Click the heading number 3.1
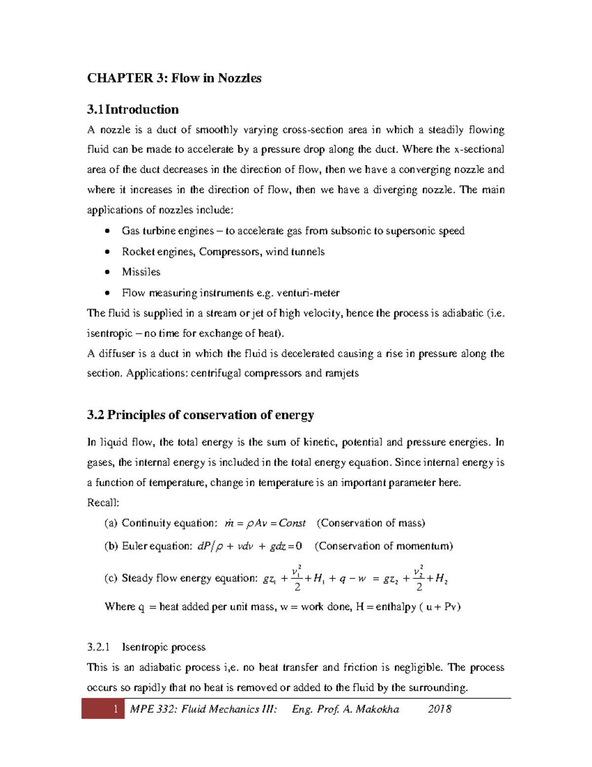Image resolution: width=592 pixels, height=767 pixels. (x=95, y=110)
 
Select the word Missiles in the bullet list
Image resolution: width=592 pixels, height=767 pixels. (x=141, y=272)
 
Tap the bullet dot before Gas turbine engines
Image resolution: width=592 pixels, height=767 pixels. (x=108, y=231)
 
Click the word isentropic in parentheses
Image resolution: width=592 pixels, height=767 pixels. (x=110, y=333)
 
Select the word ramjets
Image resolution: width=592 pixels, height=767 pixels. (x=342, y=373)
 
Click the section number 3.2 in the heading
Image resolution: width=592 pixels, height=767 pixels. (x=95, y=415)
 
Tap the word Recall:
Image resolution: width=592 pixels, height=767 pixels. (x=103, y=503)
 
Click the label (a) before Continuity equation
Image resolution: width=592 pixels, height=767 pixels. (x=111, y=523)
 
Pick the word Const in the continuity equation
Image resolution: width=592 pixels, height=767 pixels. (x=292, y=523)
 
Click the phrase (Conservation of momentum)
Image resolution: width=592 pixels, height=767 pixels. (x=384, y=546)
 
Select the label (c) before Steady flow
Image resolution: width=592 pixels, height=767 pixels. (x=111, y=578)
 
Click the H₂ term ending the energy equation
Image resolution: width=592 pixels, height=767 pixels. (x=442, y=579)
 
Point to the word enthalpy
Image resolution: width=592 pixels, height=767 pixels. (x=396, y=606)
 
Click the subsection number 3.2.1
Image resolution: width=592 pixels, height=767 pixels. (x=98, y=647)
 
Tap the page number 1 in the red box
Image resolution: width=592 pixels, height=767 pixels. (x=115, y=709)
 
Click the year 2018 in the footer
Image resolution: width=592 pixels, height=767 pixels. (x=440, y=709)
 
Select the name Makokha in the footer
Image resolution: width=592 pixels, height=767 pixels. (x=377, y=709)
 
